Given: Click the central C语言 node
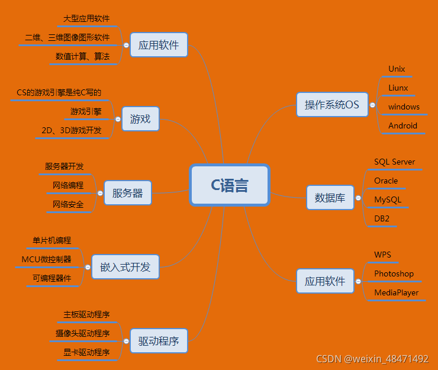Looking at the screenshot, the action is [230, 185].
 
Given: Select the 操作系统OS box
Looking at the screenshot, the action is [331, 105].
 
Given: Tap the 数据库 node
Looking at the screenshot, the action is [330, 198].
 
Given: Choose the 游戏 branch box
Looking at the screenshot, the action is [140, 119].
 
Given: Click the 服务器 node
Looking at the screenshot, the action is [127, 193].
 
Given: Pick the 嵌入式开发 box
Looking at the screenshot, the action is [125, 267].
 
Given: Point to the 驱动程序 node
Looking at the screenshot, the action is [159, 341].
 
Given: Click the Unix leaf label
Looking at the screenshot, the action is [397, 69].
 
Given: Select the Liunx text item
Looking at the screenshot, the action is [398, 88].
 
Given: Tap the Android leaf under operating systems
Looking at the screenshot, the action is [402, 126].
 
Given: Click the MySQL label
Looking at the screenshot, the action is [388, 200].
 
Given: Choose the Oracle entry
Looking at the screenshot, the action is [386, 181].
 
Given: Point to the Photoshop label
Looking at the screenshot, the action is [394, 274].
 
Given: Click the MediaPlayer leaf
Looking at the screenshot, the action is [396, 292].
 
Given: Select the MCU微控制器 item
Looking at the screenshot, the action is [46, 259].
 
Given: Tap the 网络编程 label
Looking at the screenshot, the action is [68, 185].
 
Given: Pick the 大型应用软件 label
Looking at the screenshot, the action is [86, 18].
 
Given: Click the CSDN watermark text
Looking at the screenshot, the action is [372, 359].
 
